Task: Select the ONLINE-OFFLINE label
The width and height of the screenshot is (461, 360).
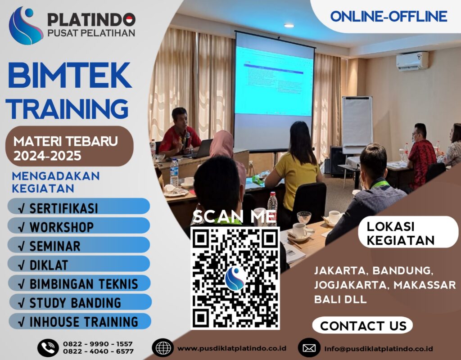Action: [x=389, y=17]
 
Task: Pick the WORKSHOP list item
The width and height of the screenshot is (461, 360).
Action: [x=79, y=226]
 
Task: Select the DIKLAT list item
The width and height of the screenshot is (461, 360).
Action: [x=79, y=264]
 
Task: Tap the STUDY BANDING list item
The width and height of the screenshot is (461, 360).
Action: [x=79, y=302]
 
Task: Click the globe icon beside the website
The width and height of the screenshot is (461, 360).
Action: [x=163, y=348]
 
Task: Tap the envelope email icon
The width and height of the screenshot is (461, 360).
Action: [x=309, y=348]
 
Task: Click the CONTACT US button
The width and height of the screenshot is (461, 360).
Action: [x=363, y=325]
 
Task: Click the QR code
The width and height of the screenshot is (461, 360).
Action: [x=235, y=278]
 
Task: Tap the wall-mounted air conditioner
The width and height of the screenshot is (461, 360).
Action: [x=412, y=61]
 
